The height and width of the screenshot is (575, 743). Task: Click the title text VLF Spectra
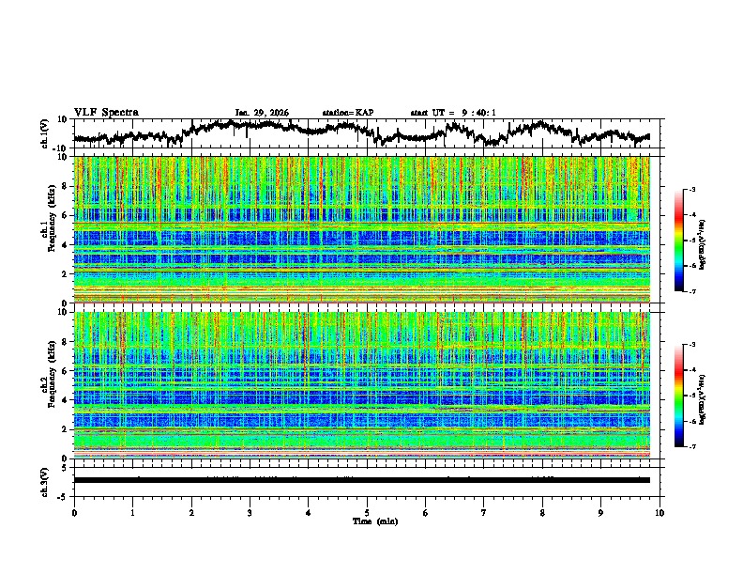106,113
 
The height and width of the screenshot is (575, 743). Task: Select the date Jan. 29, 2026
262,113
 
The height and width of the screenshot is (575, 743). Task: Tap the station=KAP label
348,113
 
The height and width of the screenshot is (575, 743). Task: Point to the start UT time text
453,113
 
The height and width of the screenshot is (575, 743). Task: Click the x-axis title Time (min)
367,521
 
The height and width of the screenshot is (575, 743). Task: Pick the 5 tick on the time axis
367,512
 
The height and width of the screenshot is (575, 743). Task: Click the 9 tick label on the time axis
601,512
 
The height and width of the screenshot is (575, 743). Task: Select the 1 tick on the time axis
132,512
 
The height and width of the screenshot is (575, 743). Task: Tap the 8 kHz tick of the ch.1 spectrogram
67,186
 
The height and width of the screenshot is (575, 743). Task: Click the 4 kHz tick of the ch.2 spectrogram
67,400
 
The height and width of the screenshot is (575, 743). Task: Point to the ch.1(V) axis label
44,133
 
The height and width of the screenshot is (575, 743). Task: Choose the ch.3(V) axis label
44,480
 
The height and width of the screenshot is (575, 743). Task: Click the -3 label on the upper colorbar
692,190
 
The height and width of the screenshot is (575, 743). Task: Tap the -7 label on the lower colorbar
692,447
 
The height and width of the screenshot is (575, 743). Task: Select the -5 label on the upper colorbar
692,241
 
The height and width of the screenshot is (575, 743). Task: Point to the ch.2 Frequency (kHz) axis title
46,385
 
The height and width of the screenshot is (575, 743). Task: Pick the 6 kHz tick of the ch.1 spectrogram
67,215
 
